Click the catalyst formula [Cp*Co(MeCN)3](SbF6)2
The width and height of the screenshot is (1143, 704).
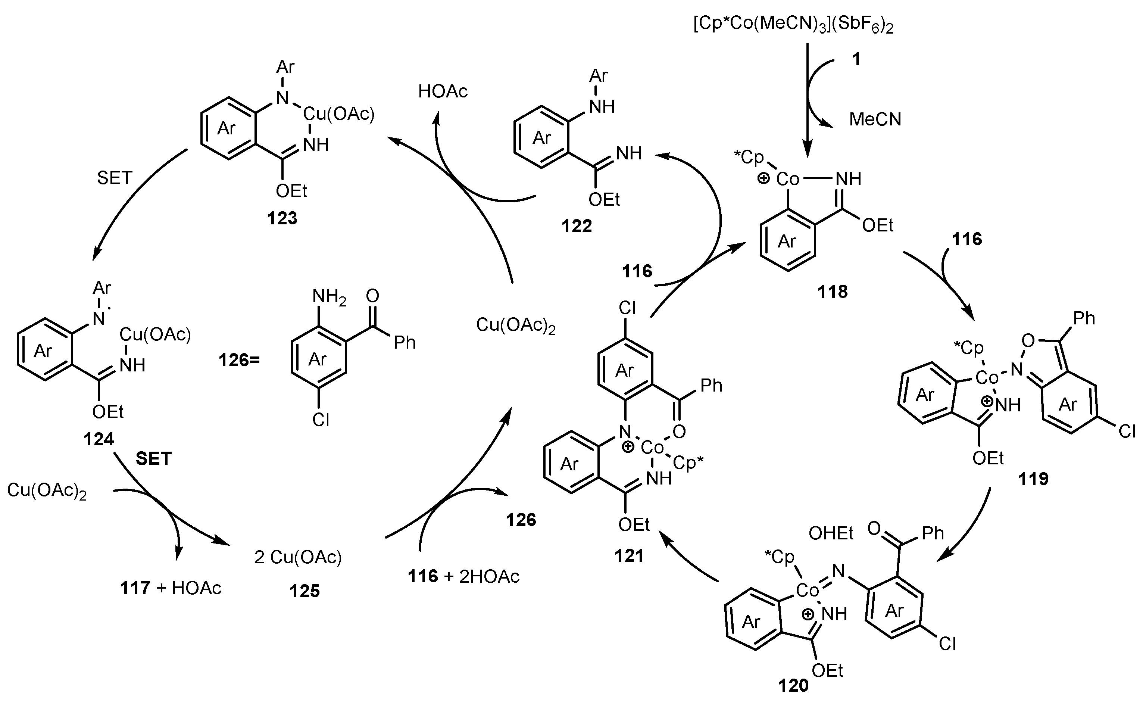[793, 25]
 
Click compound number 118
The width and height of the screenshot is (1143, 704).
[833, 292]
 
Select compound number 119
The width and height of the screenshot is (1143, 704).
[1033, 479]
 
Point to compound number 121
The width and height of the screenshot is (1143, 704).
[629, 555]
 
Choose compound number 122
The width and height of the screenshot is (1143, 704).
[577, 226]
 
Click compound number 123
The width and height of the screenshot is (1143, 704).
[282, 218]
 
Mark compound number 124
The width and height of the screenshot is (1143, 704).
[99, 439]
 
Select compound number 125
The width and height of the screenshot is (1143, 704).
[305, 591]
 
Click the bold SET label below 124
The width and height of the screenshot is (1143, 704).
[154, 459]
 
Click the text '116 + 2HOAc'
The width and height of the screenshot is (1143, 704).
[463, 576]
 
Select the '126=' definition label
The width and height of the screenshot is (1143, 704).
[239, 360]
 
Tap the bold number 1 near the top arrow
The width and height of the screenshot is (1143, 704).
[855, 59]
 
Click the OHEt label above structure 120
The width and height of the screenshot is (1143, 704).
[831, 533]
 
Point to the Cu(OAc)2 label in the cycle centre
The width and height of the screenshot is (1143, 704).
[516, 325]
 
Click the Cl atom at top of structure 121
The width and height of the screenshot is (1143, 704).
[627, 308]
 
